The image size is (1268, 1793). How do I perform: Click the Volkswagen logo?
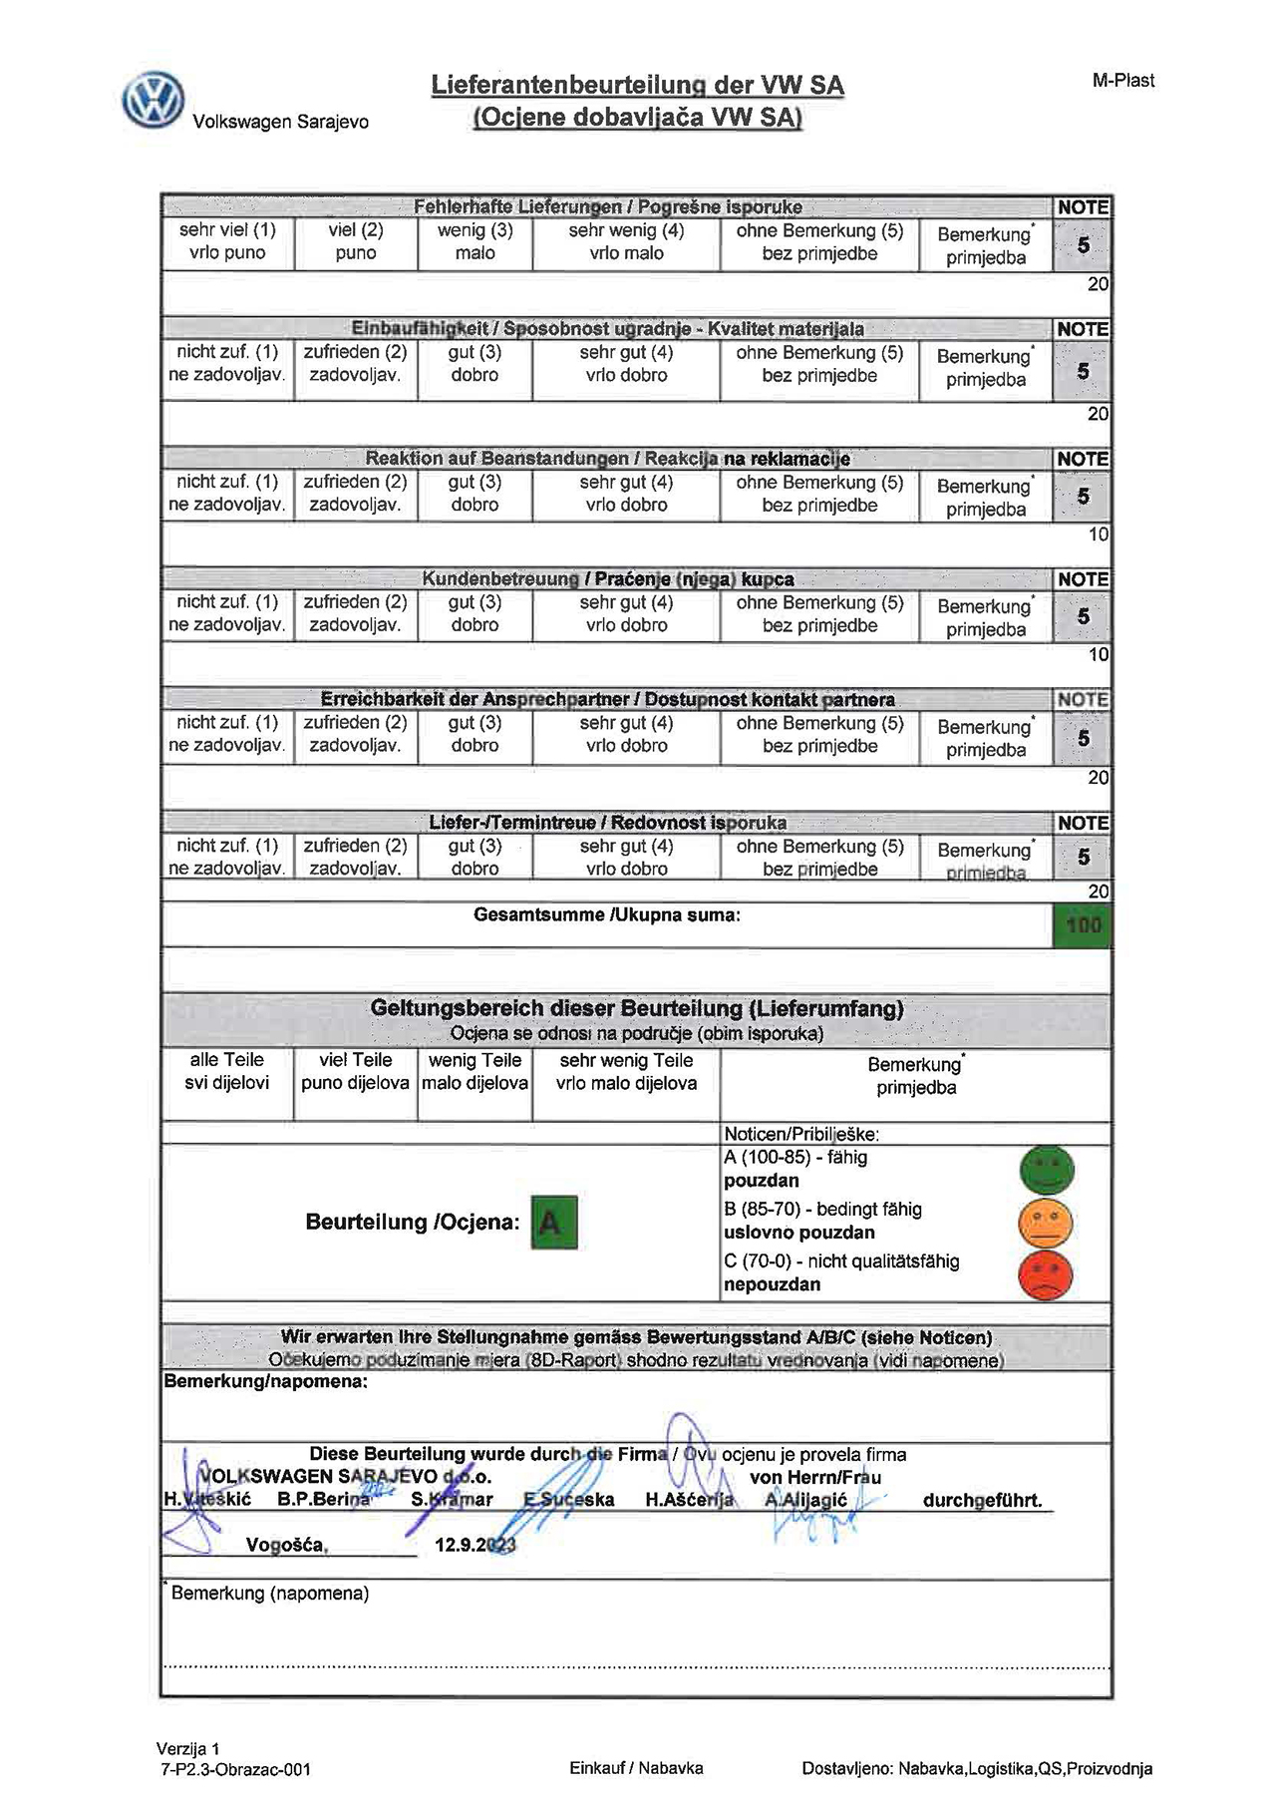tap(154, 100)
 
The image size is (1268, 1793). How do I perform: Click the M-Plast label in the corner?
tap(1122, 81)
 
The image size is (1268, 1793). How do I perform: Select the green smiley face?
tap(1046, 1170)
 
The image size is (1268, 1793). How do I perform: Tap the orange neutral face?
tap(1046, 1222)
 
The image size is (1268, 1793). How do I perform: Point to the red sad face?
tap(1046, 1273)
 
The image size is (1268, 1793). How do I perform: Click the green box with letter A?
tap(553, 1222)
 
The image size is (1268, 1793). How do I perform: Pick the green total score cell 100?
tap(1082, 925)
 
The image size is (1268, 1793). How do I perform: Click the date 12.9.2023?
tap(475, 1545)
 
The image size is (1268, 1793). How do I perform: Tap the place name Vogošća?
tap(287, 1545)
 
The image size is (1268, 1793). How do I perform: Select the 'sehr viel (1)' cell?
tap(227, 241)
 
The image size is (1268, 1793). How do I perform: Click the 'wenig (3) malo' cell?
tap(475, 241)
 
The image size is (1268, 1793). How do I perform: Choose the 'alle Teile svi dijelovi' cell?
tap(227, 1072)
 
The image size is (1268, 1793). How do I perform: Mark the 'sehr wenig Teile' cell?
tap(626, 1072)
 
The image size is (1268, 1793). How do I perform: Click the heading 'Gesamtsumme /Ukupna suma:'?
tap(606, 914)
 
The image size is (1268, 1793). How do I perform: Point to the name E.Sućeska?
tap(569, 1500)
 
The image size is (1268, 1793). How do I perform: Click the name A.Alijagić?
tap(805, 1500)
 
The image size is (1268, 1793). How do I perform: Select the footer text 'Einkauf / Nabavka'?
tap(636, 1768)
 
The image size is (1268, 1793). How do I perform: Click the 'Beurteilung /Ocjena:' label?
tap(413, 1223)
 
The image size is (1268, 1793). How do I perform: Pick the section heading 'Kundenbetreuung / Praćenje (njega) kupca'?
tap(607, 579)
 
